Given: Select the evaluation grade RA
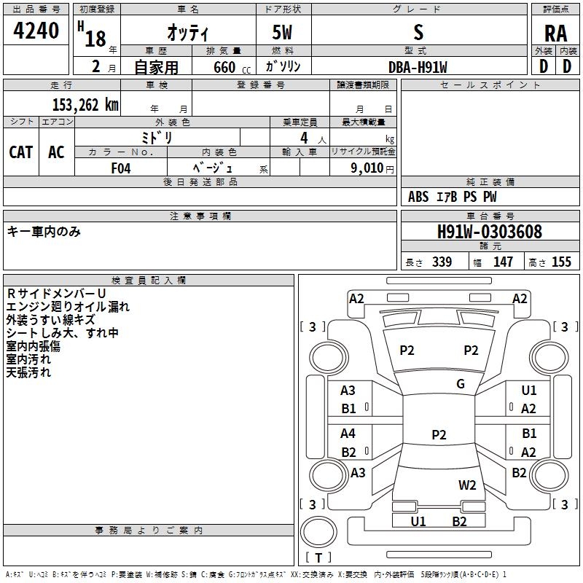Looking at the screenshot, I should pyautogui.click(x=555, y=34).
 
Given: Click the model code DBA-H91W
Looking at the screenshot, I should pyautogui.click(x=418, y=66).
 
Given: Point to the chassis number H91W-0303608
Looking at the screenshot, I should pyautogui.click(x=490, y=232).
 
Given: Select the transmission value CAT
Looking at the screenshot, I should pyautogui.click(x=21, y=152).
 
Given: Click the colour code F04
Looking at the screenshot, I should pyautogui.click(x=121, y=167).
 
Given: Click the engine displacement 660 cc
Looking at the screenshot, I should pyautogui.click(x=224, y=67).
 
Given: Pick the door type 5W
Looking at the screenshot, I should pyautogui.click(x=283, y=34).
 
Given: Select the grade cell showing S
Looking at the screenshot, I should pyautogui.click(x=418, y=32).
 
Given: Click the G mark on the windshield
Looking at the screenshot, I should pyautogui.click(x=461, y=383).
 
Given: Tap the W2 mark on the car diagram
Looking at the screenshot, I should pyautogui.click(x=467, y=485).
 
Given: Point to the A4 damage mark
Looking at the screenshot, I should pyautogui.click(x=348, y=434).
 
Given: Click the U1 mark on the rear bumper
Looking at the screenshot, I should pyautogui.click(x=418, y=521).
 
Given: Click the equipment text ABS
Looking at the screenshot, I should pyautogui.click(x=418, y=197).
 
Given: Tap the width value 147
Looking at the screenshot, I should pyautogui.click(x=503, y=262).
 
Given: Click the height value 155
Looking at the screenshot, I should pyautogui.click(x=561, y=262).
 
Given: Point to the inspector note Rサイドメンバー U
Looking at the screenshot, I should pyautogui.click(x=56, y=294).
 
